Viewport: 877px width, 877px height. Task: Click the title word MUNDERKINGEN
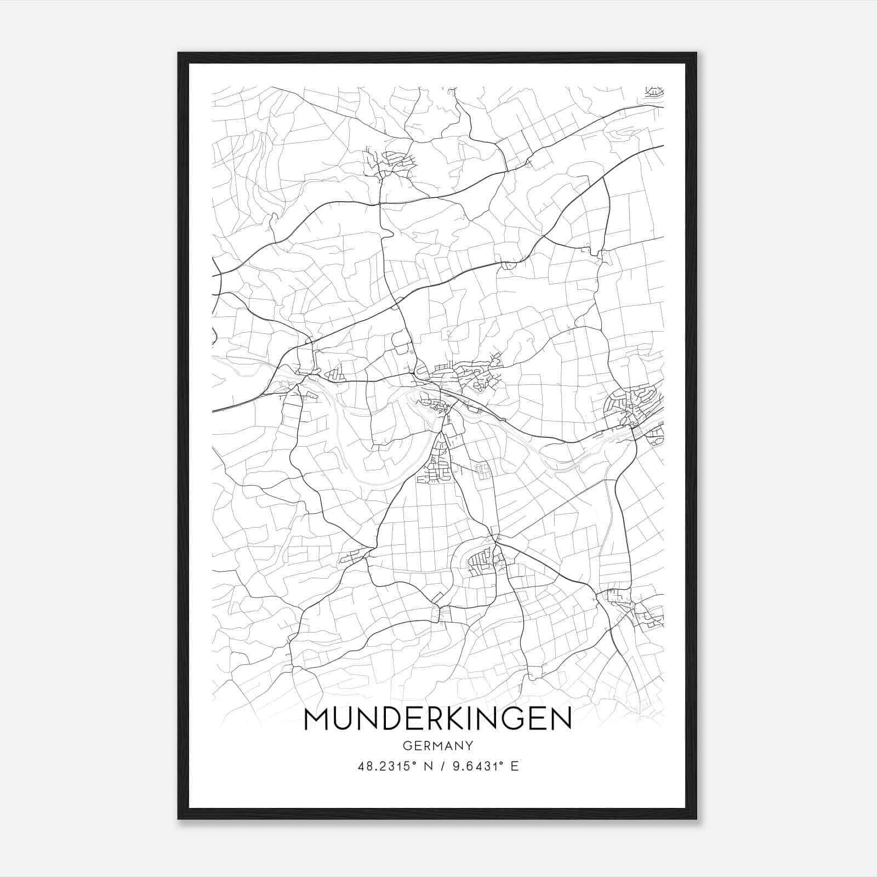[437, 719]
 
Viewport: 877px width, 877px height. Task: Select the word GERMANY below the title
[437, 745]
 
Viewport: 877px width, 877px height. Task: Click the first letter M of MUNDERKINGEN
[315, 719]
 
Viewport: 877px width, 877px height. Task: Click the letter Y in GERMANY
[469, 745]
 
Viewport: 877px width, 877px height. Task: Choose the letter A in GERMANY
[448, 745]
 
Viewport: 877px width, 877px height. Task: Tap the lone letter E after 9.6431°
[515, 766]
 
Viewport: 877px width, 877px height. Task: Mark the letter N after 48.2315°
[429, 766]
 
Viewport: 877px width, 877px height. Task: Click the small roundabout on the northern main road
[379, 204]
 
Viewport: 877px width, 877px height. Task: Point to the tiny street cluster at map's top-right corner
[654, 92]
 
